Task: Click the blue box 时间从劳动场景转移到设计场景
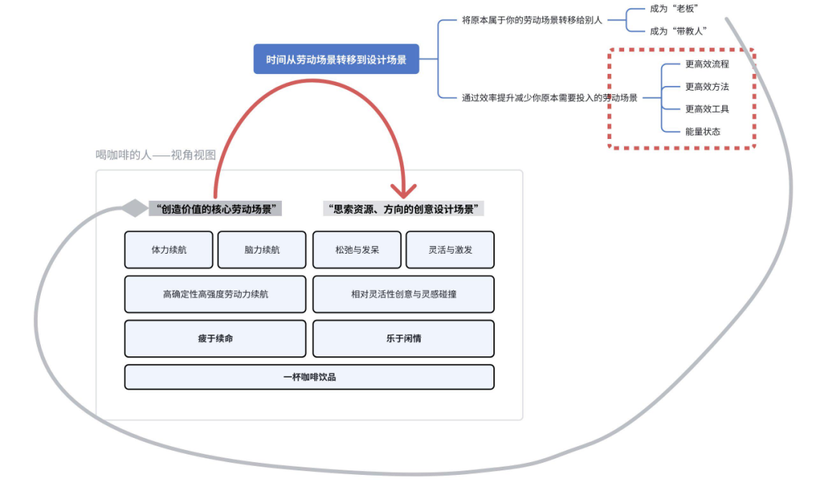point(336,59)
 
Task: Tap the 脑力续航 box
point(262,250)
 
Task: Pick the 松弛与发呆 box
point(357,250)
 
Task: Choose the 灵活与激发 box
point(450,250)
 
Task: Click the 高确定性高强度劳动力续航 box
point(215,294)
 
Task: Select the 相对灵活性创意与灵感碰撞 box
point(403,294)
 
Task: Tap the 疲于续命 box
point(215,338)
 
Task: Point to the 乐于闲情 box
point(403,338)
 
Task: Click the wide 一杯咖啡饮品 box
point(309,377)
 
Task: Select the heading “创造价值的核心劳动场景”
point(215,208)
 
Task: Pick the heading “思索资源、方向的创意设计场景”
point(403,208)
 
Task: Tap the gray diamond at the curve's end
point(134,208)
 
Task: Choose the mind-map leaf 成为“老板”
point(674,8)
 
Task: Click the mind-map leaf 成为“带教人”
point(678,31)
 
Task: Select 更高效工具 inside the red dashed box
point(707,109)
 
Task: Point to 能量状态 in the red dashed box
point(703,131)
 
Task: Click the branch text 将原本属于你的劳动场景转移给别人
point(532,20)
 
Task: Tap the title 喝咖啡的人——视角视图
point(156,155)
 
